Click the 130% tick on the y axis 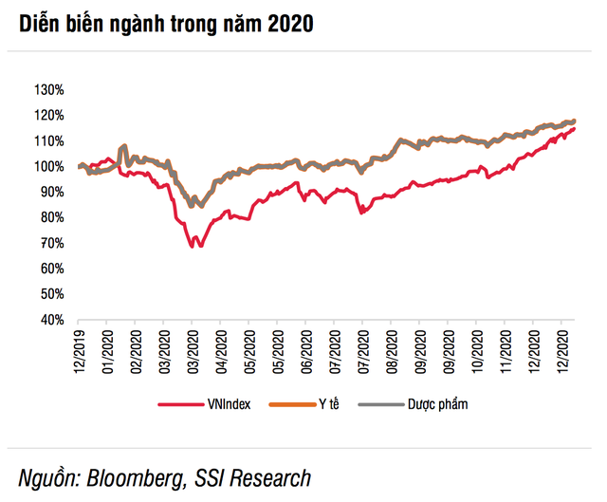(48, 90)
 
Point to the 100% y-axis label (48, 167)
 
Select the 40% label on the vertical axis (51, 321)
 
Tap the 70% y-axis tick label (51, 244)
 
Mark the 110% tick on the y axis (48, 141)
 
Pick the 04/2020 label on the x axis (220, 352)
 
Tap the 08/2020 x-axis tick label (392, 352)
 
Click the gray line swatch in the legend (377, 405)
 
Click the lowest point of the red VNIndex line (193, 247)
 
